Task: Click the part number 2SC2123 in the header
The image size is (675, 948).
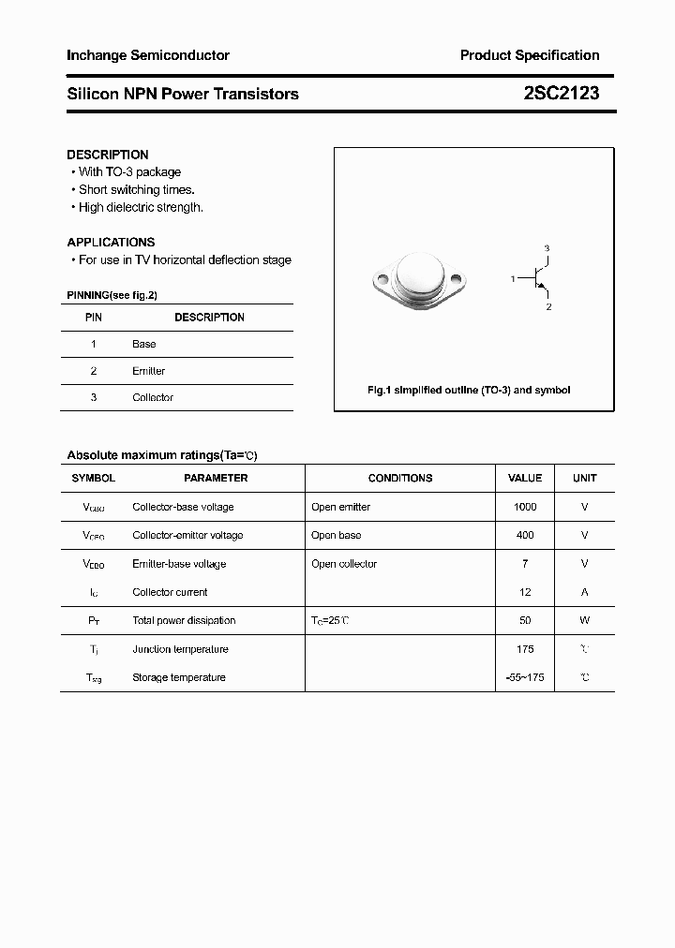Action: pyautogui.click(x=561, y=94)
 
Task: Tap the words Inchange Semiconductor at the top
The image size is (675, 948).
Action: pyautogui.click(x=148, y=55)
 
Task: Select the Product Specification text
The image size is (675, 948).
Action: pyautogui.click(x=530, y=55)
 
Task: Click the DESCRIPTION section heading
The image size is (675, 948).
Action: pyautogui.click(x=108, y=155)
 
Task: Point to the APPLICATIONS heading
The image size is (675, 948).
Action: pyautogui.click(x=111, y=242)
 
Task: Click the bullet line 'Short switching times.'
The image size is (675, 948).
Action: pyautogui.click(x=136, y=189)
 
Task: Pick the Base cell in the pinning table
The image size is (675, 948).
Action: pyautogui.click(x=144, y=344)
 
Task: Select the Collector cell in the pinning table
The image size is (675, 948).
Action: pyautogui.click(x=153, y=397)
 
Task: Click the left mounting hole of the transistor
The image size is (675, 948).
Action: pyautogui.click(x=381, y=279)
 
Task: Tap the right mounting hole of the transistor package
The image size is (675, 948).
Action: pyautogui.click(x=457, y=279)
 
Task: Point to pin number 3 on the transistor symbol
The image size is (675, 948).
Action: pyautogui.click(x=547, y=248)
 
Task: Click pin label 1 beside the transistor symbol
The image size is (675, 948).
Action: pyautogui.click(x=513, y=279)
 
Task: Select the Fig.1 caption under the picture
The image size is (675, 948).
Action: pyautogui.click(x=468, y=390)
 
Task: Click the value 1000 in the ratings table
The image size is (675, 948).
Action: pyautogui.click(x=525, y=507)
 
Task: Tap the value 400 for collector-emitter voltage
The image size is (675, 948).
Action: pyautogui.click(x=525, y=535)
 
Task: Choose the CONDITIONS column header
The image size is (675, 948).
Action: pyautogui.click(x=400, y=478)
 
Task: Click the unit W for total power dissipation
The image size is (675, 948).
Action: pyautogui.click(x=584, y=620)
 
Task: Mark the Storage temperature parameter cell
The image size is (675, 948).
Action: pyautogui.click(x=179, y=677)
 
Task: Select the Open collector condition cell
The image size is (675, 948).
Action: pyautogui.click(x=344, y=564)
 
